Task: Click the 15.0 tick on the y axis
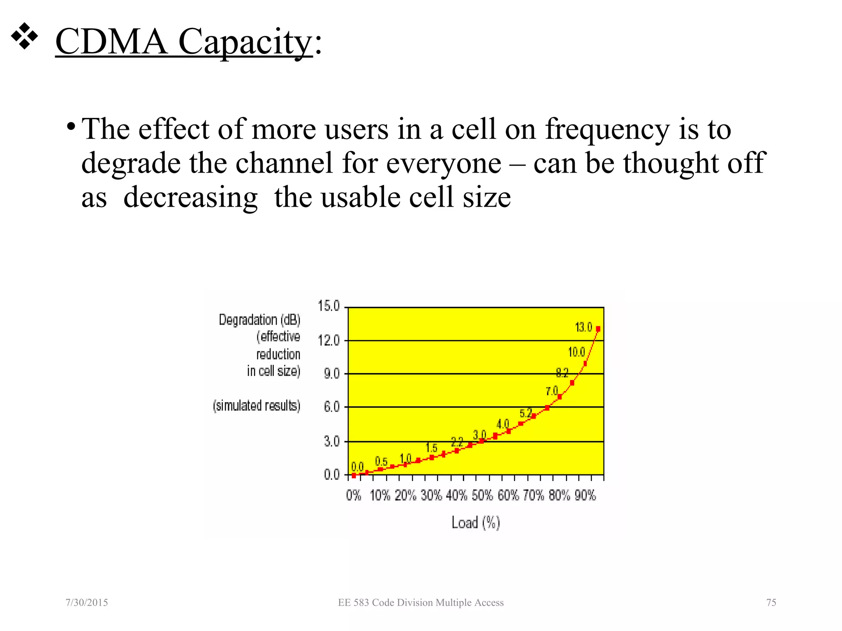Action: tap(328, 306)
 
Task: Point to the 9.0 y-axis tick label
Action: tap(331, 374)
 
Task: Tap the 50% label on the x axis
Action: tap(482, 495)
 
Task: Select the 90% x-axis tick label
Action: tap(585, 495)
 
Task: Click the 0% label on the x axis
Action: tap(354, 495)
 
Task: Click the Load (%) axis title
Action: tap(476, 523)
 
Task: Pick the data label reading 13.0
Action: tap(583, 327)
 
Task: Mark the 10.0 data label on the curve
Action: tap(576, 352)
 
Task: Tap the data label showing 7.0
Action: tap(552, 391)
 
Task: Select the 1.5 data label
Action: tap(431, 447)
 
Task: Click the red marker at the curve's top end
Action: tap(598, 329)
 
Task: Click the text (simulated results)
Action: tap(257, 406)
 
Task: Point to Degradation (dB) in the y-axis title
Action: tap(259, 320)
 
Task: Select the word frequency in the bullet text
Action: tap(607, 129)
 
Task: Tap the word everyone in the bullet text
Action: tap(444, 164)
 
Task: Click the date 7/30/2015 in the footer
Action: tap(87, 603)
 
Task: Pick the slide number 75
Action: tap(771, 603)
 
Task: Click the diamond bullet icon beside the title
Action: tap(25, 37)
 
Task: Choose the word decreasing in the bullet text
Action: tap(190, 198)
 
